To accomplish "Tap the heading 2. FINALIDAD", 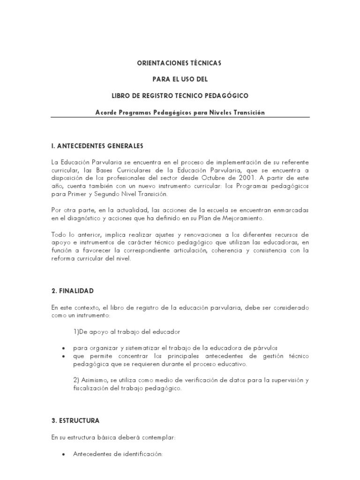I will tap(73, 291).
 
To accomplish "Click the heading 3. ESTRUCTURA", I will tap(75, 420).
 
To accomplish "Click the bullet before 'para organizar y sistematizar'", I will tap(63, 348).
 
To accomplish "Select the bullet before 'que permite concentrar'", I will tap(63, 356).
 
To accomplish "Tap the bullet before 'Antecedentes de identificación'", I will tap(63, 454).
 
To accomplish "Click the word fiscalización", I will tap(93, 388).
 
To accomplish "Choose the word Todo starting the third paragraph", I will tap(59, 234).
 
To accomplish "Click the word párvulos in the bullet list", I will tap(267, 348).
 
